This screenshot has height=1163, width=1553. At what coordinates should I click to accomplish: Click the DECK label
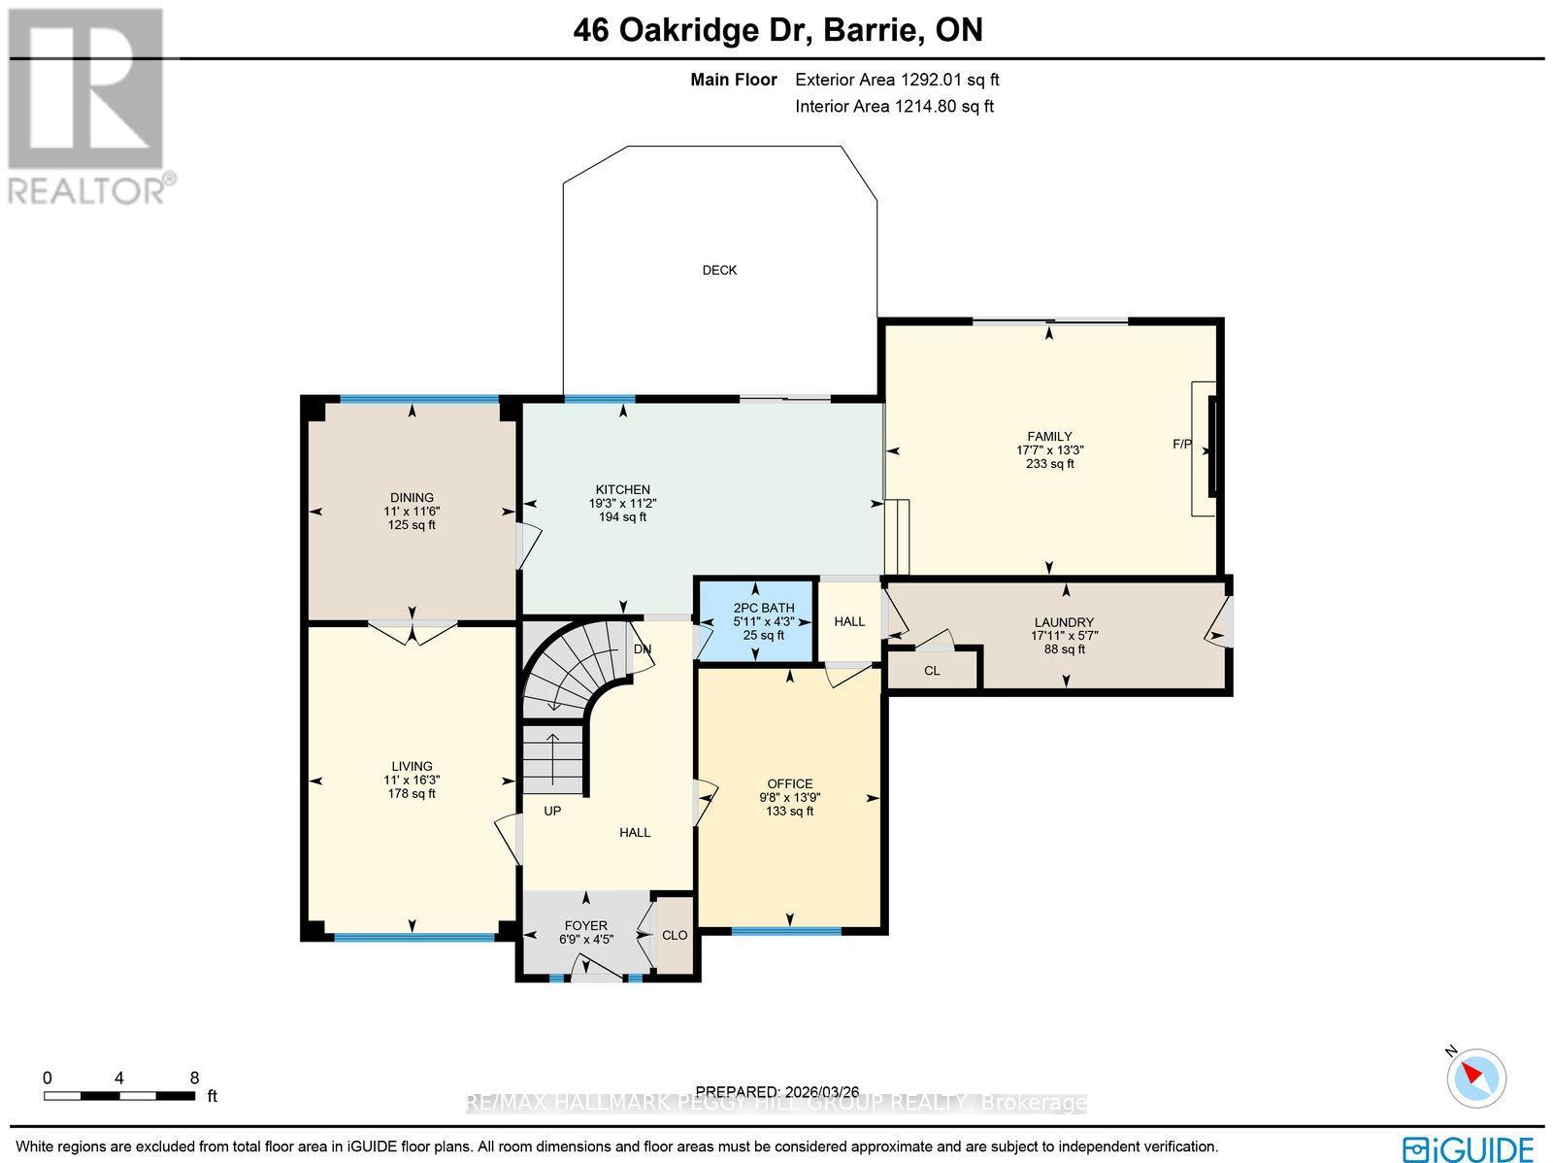point(719,270)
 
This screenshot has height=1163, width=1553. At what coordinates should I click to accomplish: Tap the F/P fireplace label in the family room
point(1182,444)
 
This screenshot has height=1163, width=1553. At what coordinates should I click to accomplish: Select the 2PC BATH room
point(756,621)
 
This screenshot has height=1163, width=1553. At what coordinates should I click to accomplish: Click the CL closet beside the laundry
point(932,670)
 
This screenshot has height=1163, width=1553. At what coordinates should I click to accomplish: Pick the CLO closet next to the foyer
point(675,935)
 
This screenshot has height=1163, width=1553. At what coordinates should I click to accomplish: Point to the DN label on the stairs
point(643,648)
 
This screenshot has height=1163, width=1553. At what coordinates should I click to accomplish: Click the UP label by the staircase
point(552,810)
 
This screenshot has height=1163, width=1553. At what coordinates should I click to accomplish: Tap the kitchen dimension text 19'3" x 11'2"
point(622,503)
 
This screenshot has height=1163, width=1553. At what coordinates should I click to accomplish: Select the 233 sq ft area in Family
point(1049,464)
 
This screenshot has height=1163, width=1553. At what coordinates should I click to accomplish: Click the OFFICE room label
point(789,783)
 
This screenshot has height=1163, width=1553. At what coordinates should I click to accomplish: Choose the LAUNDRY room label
point(1064,622)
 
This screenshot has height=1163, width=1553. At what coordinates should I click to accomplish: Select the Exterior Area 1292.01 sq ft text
point(897,81)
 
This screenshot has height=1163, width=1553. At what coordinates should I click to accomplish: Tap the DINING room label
point(412,497)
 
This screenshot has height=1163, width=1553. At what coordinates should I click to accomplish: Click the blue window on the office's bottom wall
point(786,931)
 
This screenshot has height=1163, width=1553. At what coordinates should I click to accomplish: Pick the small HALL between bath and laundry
point(849,621)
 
